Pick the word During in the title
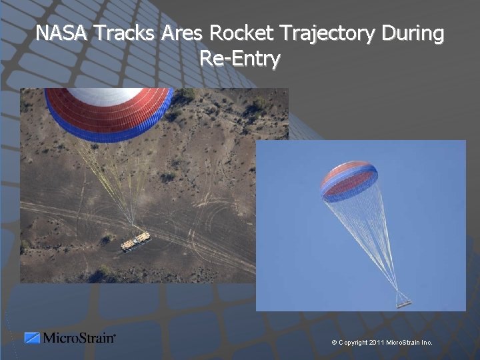click(413, 33)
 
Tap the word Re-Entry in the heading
click(240, 59)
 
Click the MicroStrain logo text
click(79, 338)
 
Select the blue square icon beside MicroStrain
click(32, 338)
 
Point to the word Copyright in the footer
click(353, 343)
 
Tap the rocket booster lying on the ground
click(135, 241)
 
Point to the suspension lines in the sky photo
click(370, 240)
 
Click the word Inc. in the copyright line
click(427, 343)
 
